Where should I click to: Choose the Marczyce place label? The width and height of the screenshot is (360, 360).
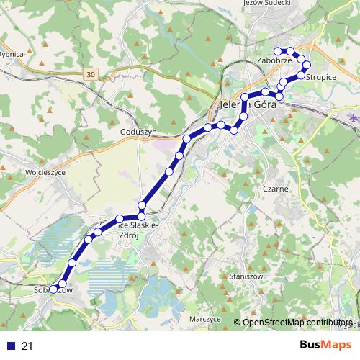point(205,318)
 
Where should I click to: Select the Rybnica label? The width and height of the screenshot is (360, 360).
point(12,54)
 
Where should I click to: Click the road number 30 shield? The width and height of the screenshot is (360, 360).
point(89,74)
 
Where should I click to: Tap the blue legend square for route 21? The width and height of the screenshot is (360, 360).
point(10,346)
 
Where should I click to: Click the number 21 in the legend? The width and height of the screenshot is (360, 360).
point(27,346)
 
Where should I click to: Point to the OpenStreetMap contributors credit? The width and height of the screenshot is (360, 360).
point(297,323)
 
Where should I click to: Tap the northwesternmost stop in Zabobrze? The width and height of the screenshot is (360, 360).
point(278,50)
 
